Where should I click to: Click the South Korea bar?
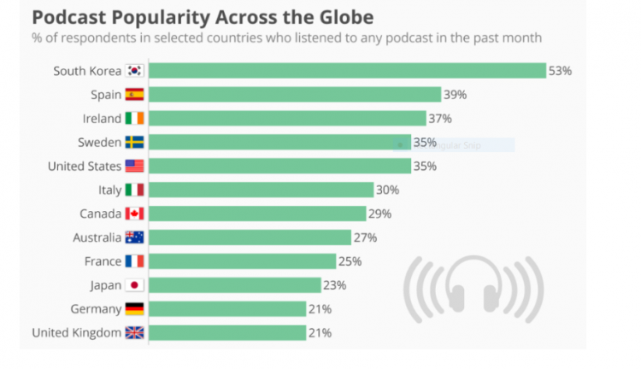[349, 71]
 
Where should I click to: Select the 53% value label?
[560, 71]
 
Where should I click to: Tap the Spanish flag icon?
[135, 95]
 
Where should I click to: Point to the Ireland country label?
[102, 119]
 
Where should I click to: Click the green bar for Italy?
[262, 190]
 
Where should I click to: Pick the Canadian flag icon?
[135, 214]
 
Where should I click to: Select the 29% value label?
[379, 214]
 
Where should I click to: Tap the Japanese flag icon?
[135, 285]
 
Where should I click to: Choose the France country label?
[103, 261]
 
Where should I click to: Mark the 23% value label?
[333, 285]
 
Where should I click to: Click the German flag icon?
[135, 309]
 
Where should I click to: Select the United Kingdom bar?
[228, 333]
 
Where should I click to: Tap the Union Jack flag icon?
[135, 333]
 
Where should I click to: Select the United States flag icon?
[135, 166]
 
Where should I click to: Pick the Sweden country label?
[99, 143]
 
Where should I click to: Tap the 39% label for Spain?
[454, 95]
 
